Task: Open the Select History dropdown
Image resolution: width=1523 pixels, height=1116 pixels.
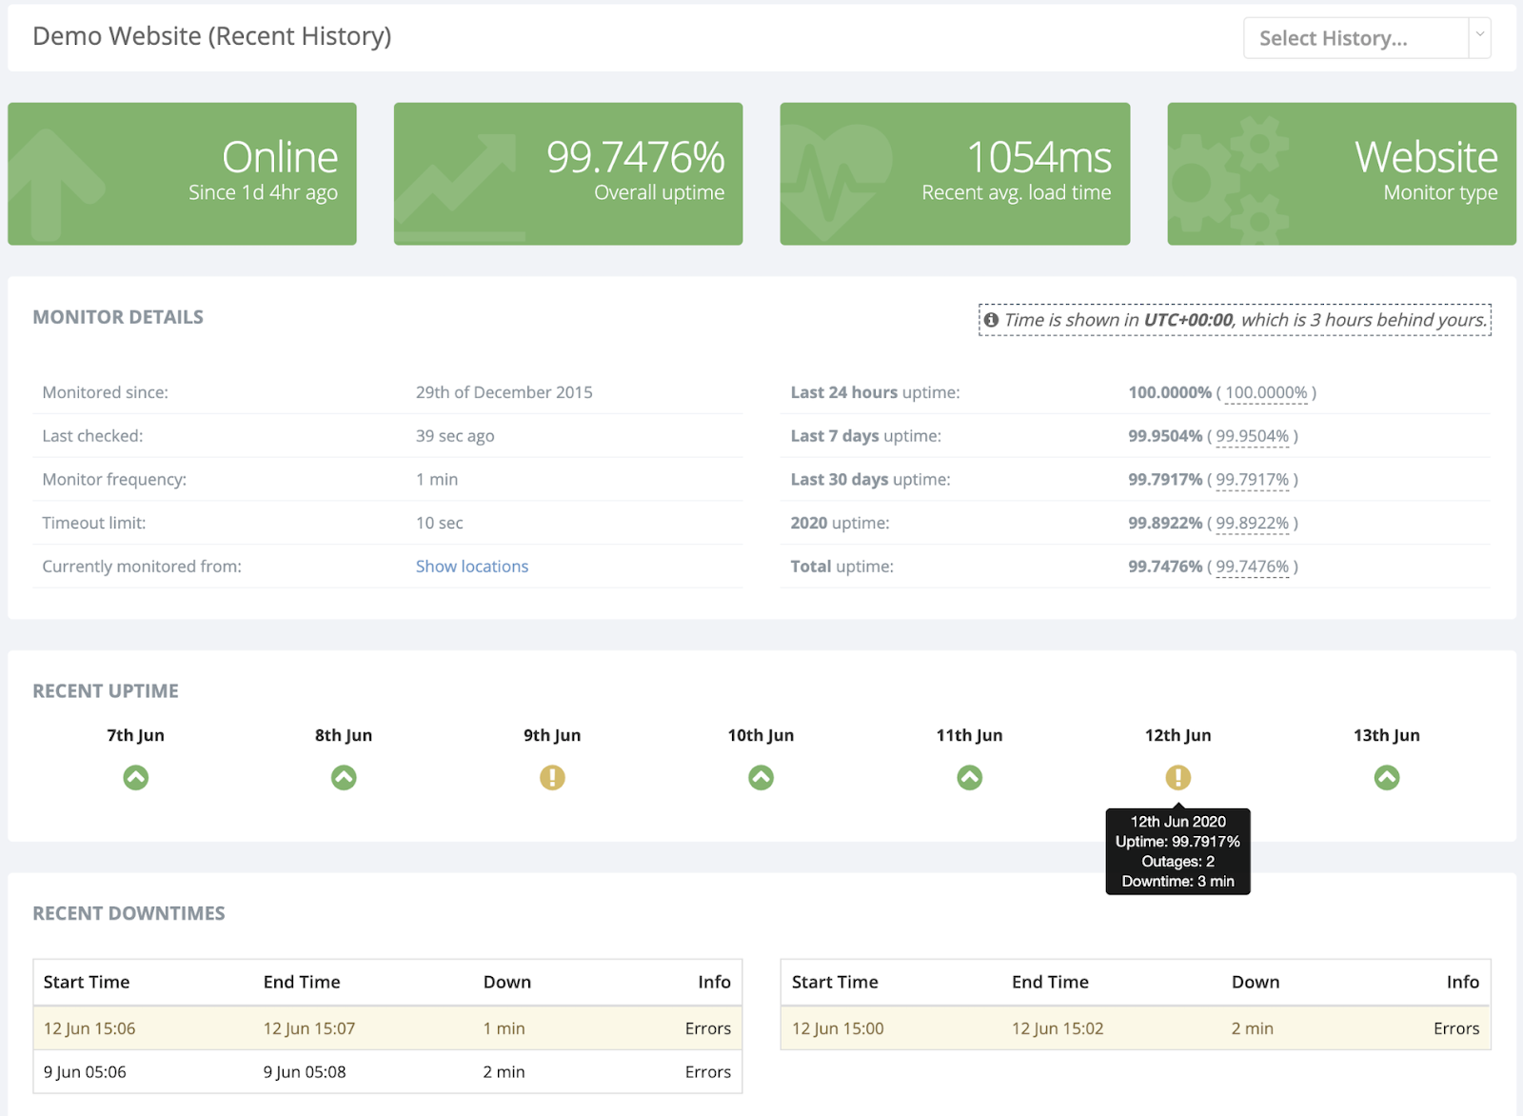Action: coord(1366,38)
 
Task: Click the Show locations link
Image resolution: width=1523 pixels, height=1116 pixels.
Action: coord(472,567)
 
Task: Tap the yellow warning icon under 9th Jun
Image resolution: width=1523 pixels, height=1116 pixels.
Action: coord(552,778)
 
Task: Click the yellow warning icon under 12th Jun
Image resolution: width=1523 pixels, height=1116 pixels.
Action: coord(1177,778)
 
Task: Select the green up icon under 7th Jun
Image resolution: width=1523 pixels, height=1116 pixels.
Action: coord(136,778)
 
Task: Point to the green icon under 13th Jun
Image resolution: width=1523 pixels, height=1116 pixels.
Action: coord(1387,778)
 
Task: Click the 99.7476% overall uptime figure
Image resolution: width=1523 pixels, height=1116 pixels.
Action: coord(635,157)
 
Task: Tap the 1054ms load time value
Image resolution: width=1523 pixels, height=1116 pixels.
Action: coord(1038,157)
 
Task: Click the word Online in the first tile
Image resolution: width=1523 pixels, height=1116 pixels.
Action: coord(280,157)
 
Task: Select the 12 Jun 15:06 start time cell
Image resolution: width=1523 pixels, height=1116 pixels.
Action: coord(89,1028)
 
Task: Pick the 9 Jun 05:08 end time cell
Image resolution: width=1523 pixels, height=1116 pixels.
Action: coord(305,1072)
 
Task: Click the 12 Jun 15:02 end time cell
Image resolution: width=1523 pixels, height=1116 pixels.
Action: coord(1058,1028)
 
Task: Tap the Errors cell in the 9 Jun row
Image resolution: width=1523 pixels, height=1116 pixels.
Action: coord(707,1072)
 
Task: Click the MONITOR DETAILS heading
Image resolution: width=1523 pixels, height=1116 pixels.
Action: coord(118,317)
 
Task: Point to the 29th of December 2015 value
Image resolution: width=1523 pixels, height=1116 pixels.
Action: coord(504,392)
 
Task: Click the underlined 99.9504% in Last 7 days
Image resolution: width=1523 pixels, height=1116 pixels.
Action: coord(1252,436)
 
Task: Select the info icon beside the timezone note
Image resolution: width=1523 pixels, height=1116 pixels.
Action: coord(991,320)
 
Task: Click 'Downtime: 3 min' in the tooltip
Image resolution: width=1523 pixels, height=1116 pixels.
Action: coord(1177,882)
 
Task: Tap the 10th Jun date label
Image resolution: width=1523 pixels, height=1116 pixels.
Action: coord(761,735)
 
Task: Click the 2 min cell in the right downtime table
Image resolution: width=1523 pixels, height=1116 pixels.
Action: coord(1252,1028)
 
